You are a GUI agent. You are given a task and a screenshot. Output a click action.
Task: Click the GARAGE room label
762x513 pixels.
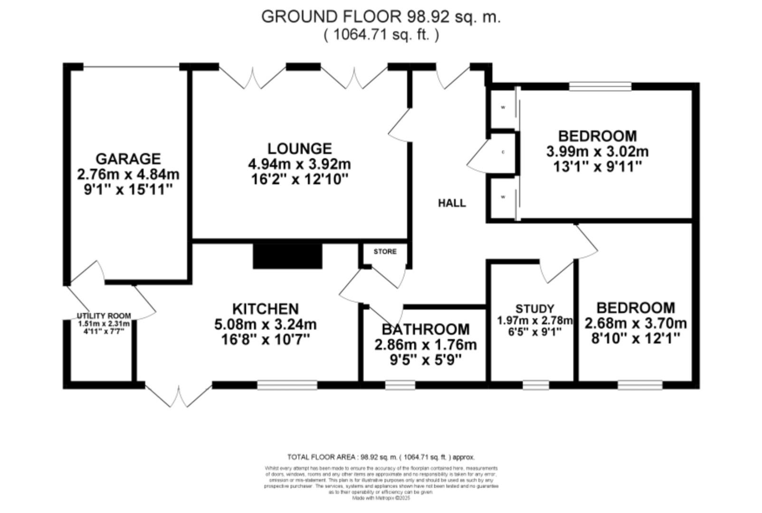pos(128,159)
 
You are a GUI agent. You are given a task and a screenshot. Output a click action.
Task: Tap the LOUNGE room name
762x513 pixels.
pos(299,149)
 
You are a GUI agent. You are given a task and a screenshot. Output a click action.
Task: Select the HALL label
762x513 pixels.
pos(451,203)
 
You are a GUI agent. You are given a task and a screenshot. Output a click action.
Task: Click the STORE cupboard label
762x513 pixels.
pos(384,251)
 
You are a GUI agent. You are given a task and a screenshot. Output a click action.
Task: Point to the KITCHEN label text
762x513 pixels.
pos(265,309)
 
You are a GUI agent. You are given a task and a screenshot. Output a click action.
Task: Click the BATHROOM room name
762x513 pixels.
pos(425,329)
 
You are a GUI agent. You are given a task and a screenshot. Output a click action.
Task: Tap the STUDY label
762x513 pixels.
pos(534,309)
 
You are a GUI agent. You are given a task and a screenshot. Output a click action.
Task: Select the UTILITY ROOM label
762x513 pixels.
pos(104,316)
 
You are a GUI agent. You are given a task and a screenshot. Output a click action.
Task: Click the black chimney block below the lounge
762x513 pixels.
pos(287,256)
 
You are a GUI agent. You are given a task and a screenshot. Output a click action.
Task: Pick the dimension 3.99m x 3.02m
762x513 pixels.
pos(597,152)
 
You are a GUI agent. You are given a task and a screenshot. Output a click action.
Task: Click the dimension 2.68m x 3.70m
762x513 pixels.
pos(635,324)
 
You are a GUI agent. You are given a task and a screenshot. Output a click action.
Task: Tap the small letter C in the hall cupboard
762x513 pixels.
pos(503,152)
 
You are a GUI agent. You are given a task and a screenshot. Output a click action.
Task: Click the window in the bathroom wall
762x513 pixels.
pos(400,385)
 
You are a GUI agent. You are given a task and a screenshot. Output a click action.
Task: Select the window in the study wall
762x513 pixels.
pos(535,385)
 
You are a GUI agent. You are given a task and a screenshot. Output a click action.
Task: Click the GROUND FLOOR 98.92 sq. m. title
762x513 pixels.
pos(381,17)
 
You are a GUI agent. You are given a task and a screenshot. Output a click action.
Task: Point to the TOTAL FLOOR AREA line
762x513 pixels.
pos(381,457)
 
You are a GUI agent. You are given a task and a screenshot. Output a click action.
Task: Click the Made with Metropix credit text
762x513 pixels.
pos(381,498)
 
